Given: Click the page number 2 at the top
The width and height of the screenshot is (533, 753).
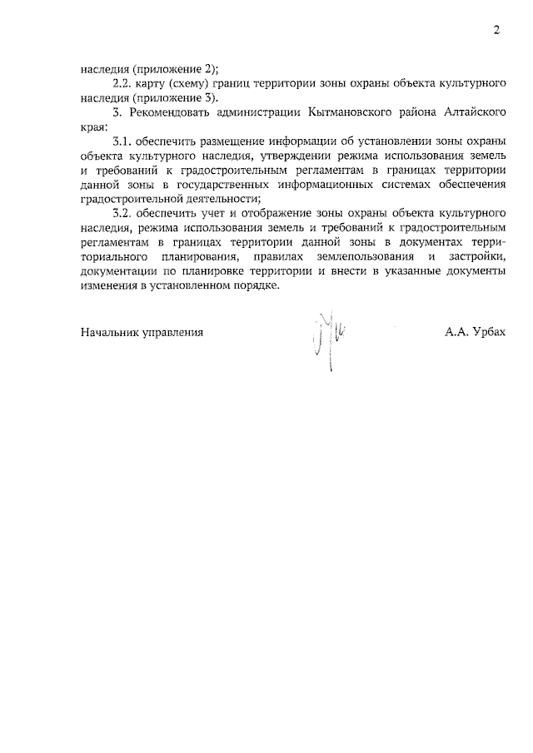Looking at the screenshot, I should [496, 31].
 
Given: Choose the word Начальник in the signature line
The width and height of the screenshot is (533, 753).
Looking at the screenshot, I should [111, 332].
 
